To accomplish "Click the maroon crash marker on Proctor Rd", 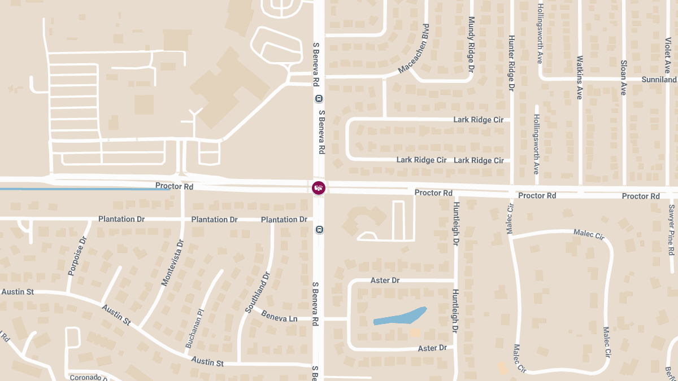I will click(x=319, y=187).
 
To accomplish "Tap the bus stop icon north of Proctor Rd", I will click(x=319, y=99).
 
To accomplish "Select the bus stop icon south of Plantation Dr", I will click(x=319, y=230).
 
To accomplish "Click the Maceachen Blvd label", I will click(x=414, y=49).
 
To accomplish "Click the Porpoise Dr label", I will click(x=77, y=256).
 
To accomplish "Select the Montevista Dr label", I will click(x=173, y=262).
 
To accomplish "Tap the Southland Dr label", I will click(x=258, y=292).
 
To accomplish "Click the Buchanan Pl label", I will click(x=193, y=327).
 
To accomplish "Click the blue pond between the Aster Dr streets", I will click(x=401, y=316).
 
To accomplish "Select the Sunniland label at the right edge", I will click(x=659, y=80).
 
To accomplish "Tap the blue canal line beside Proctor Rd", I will click(x=85, y=189).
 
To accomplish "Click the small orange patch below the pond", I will click(x=415, y=332).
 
